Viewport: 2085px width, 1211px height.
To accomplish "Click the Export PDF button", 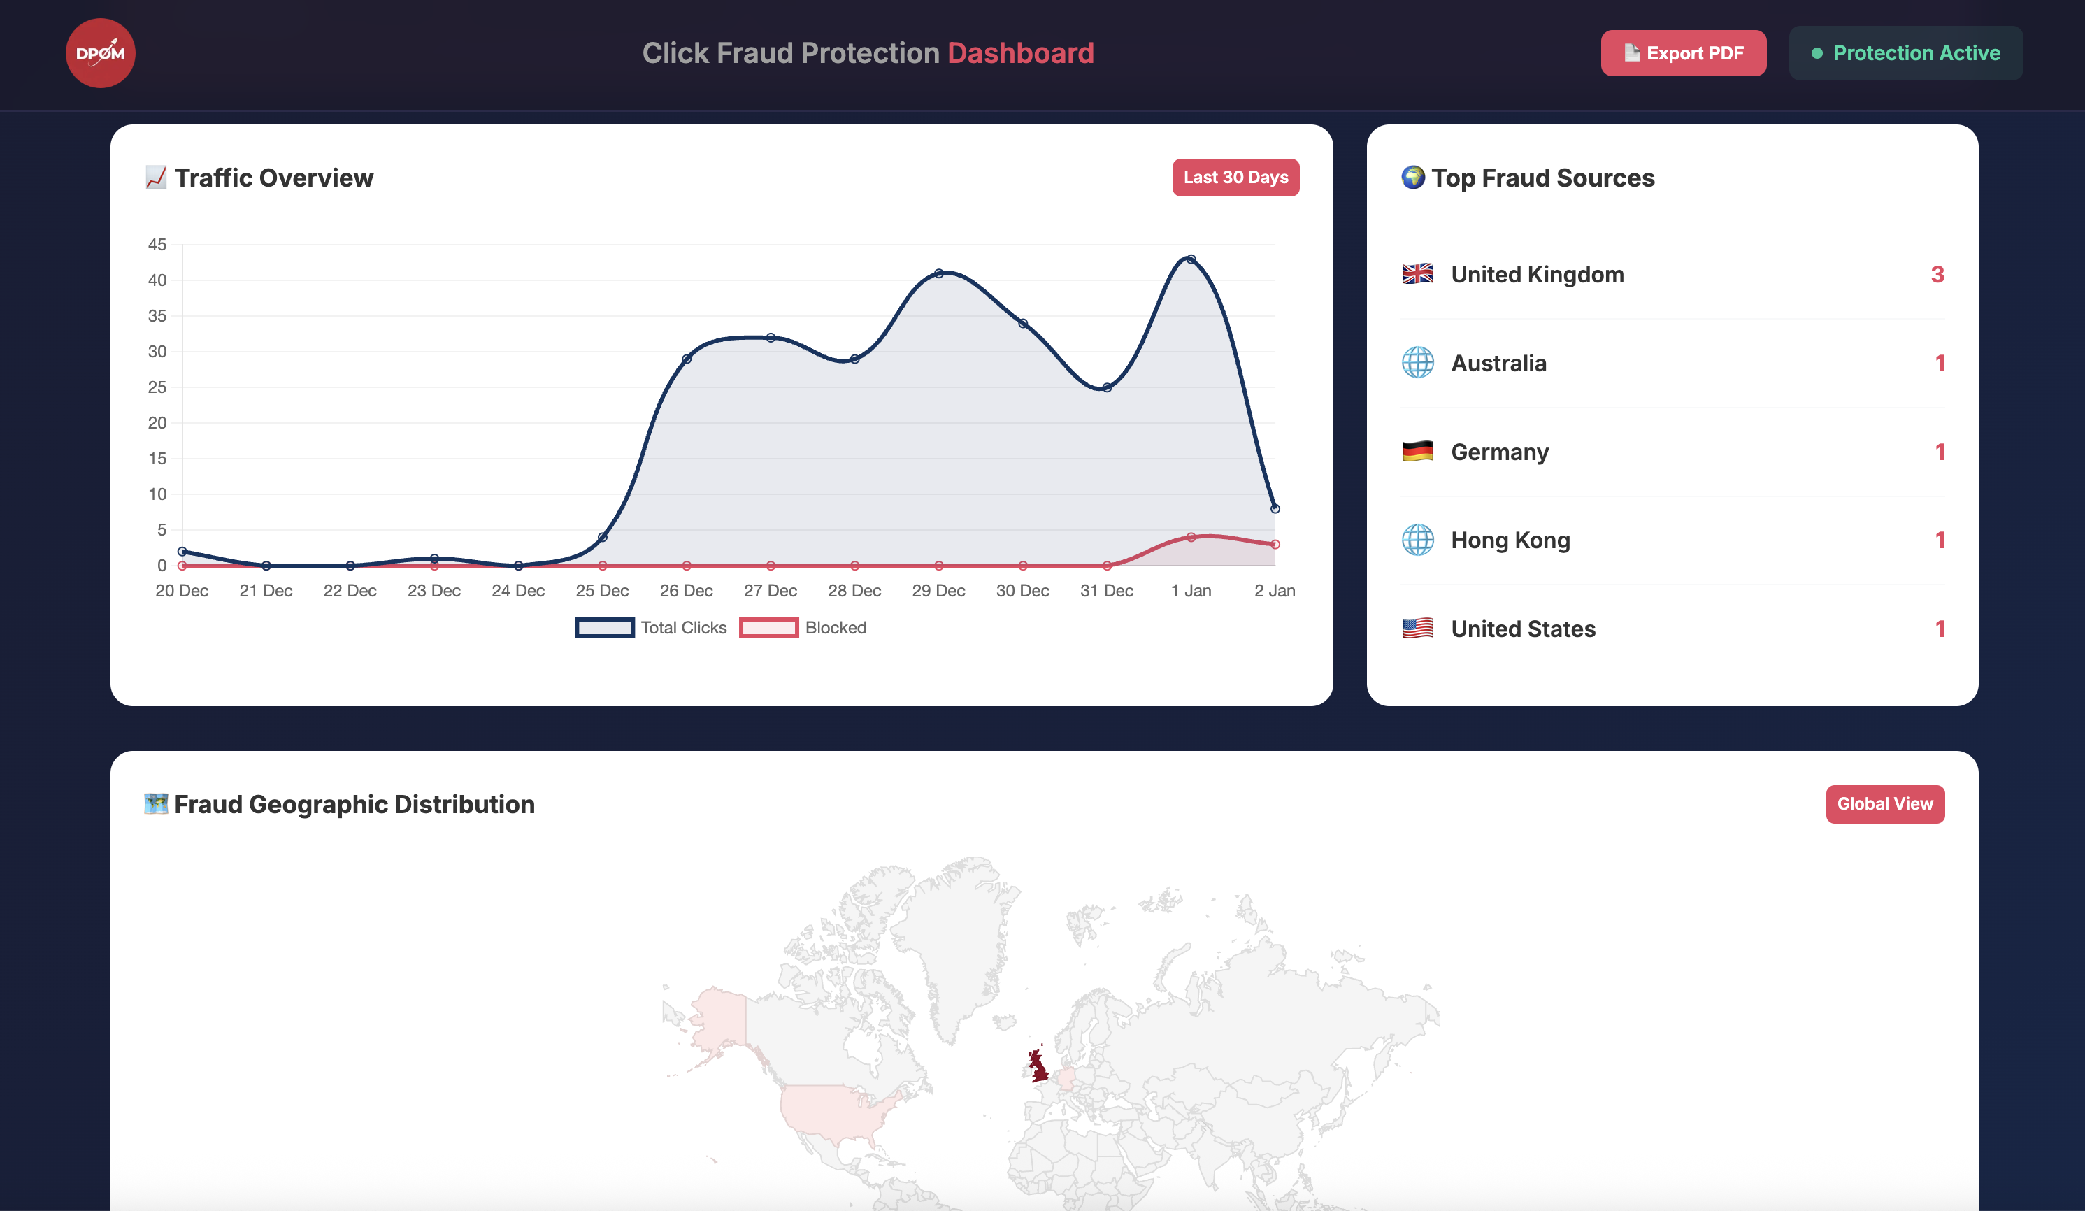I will coord(1683,53).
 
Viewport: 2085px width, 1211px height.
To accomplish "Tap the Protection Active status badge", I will coord(1905,53).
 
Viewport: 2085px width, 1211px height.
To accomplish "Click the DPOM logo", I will coord(100,53).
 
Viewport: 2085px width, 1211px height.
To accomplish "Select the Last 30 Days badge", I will coord(1235,177).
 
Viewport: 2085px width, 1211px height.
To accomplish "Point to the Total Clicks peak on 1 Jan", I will coord(1191,259).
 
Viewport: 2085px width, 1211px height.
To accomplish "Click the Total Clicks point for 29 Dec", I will coord(938,273).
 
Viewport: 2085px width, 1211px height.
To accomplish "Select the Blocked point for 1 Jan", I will coord(1191,537).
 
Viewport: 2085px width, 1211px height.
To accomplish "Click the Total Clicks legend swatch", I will coord(604,628).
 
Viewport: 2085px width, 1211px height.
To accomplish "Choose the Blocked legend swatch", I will coord(768,628).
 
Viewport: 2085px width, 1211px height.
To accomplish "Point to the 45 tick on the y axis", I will coord(157,245).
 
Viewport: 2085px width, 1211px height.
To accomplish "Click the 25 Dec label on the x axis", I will coord(601,591).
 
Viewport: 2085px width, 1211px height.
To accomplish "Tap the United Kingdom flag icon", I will coord(1417,274).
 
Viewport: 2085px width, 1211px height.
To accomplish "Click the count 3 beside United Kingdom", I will coord(1936,275).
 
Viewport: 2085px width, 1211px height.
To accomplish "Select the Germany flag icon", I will coord(1417,452).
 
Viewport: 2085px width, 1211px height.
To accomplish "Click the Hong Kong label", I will coord(1510,540).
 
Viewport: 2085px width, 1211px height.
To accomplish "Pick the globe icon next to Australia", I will coord(1417,362).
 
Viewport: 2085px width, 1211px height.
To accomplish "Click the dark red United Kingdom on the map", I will coord(1037,1066).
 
